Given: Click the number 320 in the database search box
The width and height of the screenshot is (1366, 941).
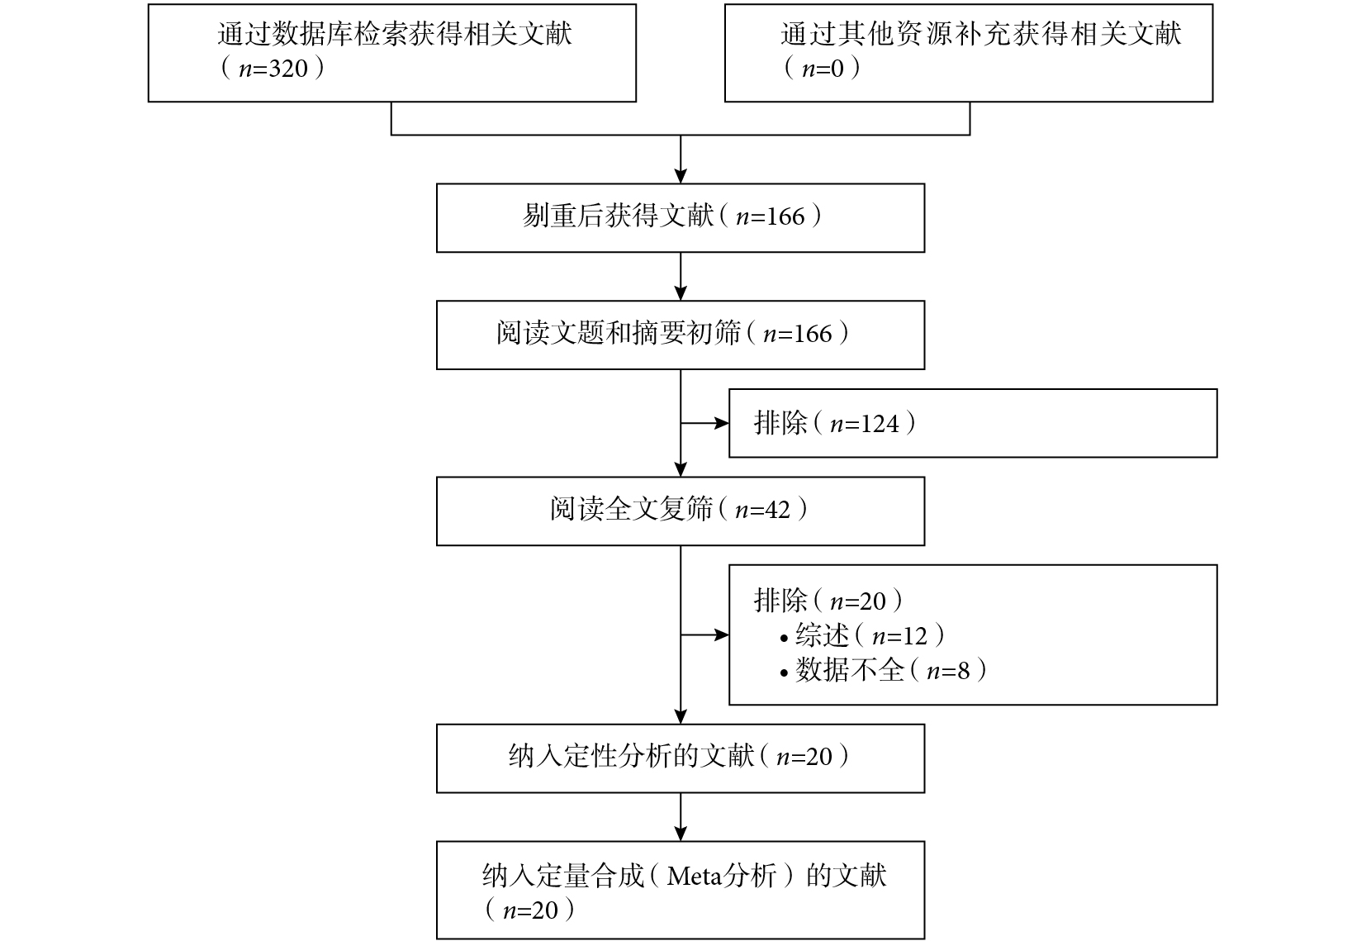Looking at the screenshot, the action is (288, 69).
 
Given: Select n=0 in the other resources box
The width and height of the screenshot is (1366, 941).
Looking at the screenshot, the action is (823, 69).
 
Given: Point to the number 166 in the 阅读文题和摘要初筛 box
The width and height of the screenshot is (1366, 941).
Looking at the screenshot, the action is (813, 334).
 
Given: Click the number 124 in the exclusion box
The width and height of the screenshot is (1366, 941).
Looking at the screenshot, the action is (880, 423).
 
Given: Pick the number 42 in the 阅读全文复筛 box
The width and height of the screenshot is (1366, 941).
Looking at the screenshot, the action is (777, 510).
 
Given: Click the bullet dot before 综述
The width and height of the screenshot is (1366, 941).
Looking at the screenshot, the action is (785, 639).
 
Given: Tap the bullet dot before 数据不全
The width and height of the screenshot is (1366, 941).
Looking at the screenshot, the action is (785, 673).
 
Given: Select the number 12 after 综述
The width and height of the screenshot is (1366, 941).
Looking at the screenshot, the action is (915, 636).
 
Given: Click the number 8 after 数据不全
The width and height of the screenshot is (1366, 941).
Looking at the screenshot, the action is (964, 671).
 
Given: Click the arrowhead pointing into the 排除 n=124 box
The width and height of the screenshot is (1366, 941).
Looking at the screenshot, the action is (722, 423).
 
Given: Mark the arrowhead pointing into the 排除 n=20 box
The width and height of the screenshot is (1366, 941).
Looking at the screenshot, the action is (722, 634).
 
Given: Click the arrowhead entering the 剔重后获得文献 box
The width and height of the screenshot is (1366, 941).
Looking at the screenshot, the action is (681, 176).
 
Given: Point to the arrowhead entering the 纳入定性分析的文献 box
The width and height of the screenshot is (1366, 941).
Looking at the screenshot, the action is (681, 716).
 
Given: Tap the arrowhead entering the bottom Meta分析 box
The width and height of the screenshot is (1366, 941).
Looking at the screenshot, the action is (681, 834).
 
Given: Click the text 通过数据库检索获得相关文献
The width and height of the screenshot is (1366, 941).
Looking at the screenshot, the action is (395, 34).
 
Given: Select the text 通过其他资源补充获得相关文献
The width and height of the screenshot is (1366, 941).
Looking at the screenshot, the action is (980, 34).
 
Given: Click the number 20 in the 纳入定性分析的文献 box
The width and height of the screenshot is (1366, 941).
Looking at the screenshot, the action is (819, 757).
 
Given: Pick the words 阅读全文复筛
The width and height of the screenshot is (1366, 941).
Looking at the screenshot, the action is (631, 509).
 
